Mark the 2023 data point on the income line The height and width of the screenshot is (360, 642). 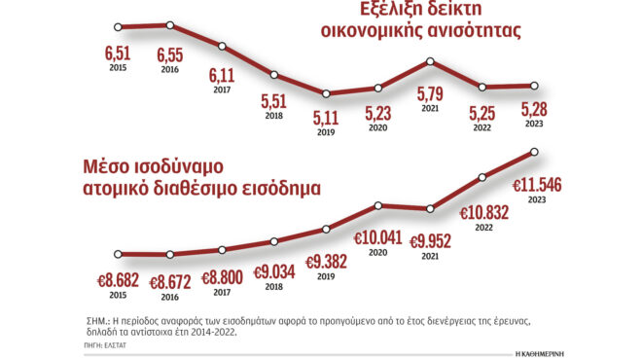click(534, 152)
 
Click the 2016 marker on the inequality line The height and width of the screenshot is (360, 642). click(170, 25)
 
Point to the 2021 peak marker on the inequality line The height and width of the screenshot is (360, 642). click(430, 62)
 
